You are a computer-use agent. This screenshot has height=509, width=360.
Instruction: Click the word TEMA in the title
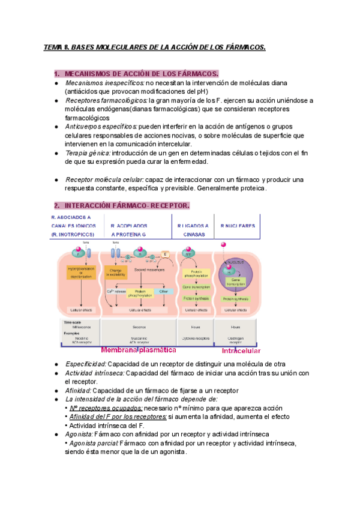[54, 47]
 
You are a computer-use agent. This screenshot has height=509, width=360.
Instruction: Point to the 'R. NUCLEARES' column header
[238, 226]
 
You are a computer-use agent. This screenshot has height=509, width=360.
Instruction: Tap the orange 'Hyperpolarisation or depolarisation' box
[82, 273]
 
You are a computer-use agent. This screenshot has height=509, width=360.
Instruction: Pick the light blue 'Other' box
[164, 292]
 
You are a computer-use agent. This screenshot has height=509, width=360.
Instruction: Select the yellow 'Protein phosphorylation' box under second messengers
[136, 294]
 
